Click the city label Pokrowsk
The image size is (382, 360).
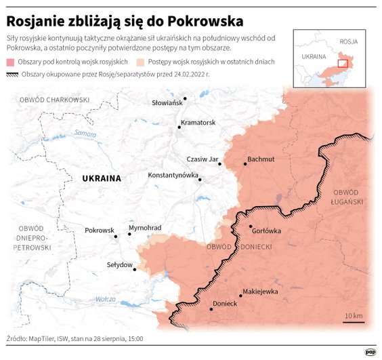point(100,231)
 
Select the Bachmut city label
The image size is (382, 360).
point(261,159)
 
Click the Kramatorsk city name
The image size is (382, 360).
point(198,123)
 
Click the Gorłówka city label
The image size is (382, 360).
point(266,230)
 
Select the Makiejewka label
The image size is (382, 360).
point(260,292)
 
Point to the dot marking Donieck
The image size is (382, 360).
point(212,309)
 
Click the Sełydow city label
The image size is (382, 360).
point(119,264)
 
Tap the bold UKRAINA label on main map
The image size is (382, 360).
point(101,178)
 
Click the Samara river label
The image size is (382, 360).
point(85,133)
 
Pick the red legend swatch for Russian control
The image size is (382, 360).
point(11,62)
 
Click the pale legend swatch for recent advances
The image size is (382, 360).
point(141,62)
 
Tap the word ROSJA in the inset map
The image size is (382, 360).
point(349,41)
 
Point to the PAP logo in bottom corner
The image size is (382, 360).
point(370,352)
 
